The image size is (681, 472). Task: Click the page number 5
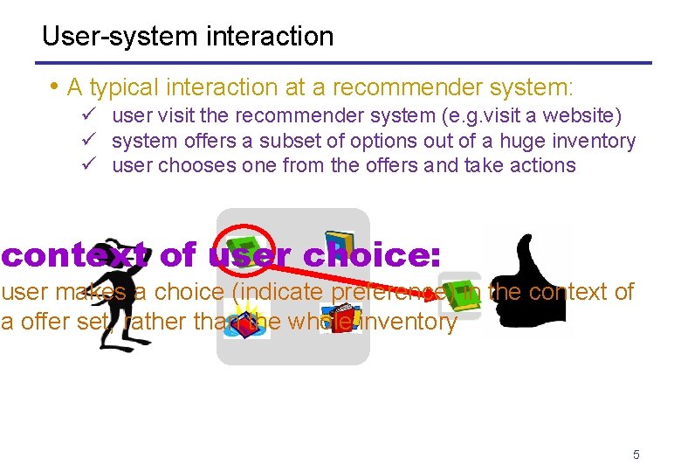point(636,455)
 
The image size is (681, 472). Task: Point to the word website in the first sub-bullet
point(582,115)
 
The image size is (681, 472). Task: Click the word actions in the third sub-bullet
point(541,165)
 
